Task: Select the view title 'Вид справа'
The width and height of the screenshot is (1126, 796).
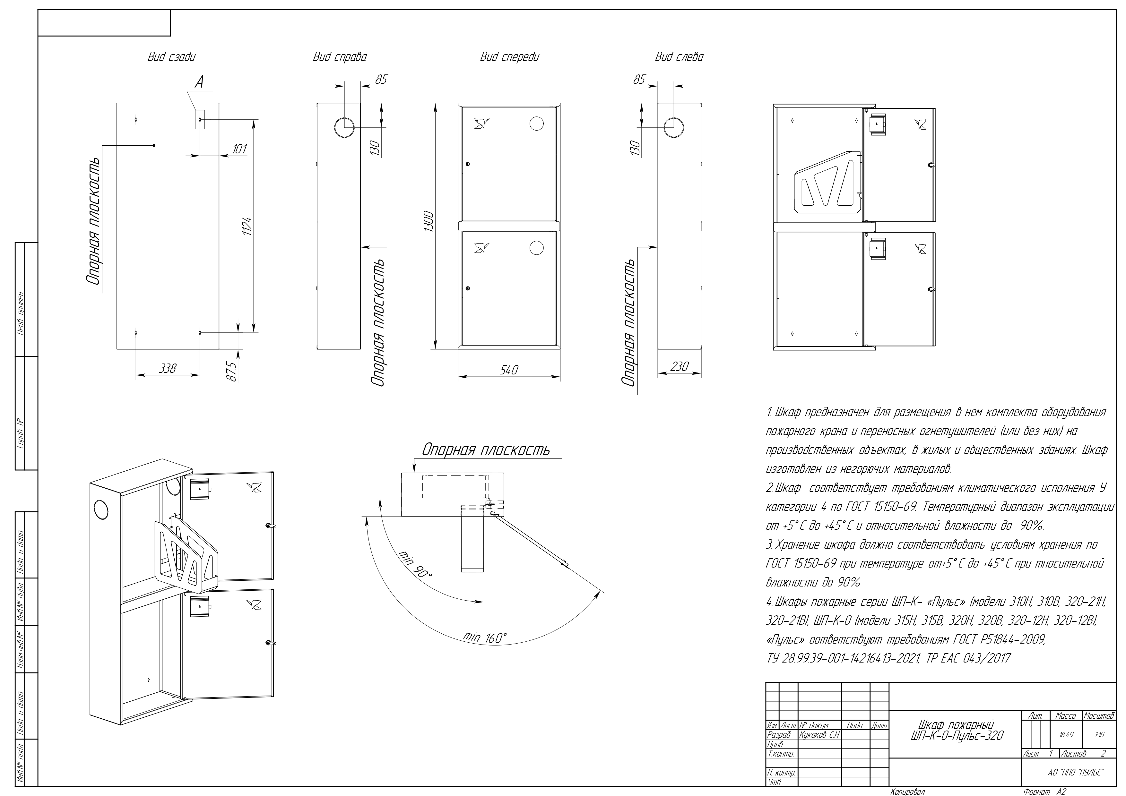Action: tap(339, 57)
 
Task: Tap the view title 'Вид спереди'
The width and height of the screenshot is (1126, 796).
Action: tap(509, 57)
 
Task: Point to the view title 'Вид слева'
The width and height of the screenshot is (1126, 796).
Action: tap(679, 57)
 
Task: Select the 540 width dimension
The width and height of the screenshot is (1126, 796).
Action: tap(508, 370)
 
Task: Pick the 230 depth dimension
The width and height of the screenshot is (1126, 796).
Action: tap(679, 366)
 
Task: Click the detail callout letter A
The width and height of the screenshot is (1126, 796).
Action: tap(199, 82)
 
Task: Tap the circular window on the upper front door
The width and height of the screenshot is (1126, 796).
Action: tap(537, 123)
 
